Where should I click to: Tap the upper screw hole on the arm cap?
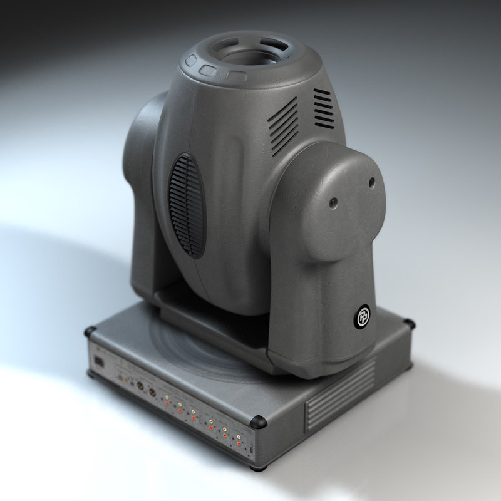pyautogui.click(x=371, y=182)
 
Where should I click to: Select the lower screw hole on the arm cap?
pyautogui.click(x=334, y=202)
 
